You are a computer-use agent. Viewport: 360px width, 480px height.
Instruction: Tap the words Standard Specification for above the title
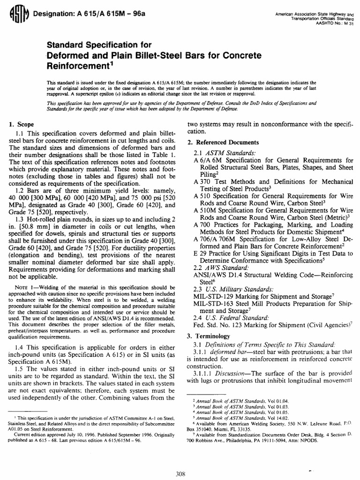click(98, 45)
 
